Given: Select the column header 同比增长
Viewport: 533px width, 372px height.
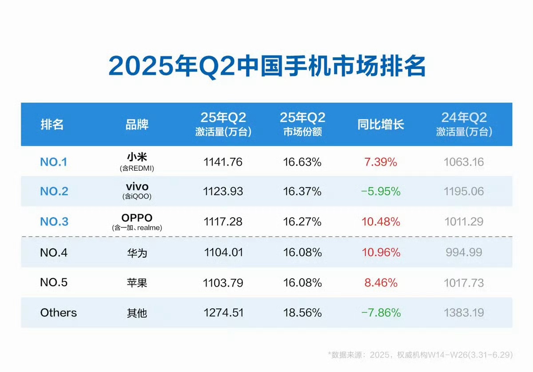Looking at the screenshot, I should click(x=381, y=124).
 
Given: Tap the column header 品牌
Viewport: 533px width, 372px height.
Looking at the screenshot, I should click(x=137, y=124).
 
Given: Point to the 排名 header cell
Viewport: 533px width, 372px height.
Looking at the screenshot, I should click(x=52, y=124).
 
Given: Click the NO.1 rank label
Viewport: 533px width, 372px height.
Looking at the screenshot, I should click(x=54, y=162).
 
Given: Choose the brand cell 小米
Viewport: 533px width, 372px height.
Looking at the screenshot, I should click(x=137, y=157).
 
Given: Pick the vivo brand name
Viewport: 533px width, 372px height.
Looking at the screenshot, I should click(x=137, y=187).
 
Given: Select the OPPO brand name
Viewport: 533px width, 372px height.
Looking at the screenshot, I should click(x=137, y=218).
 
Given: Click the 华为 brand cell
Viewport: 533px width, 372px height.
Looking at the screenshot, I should click(x=137, y=253).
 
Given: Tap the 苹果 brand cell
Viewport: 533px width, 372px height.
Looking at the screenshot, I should click(x=137, y=283).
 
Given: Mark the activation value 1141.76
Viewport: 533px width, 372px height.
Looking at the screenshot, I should click(x=223, y=162).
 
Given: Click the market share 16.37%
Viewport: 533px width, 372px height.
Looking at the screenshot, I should click(x=302, y=192).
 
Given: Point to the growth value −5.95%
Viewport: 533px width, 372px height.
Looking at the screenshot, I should click(x=381, y=192).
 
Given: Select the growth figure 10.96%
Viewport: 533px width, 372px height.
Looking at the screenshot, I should click(x=381, y=253).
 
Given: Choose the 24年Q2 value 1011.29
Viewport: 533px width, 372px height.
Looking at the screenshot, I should click(x=464, y=222).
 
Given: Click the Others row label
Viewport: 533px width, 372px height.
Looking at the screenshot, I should click(x=59, y=313).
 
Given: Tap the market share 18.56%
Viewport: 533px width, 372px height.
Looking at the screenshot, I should click(x=302, y=313).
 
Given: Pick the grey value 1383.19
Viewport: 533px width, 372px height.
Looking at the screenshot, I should click(x=464, y=313).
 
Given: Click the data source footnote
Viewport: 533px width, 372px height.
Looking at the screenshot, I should click(x=420, y=355).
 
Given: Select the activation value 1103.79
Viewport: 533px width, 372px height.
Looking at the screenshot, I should click(x=223, y=283).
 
